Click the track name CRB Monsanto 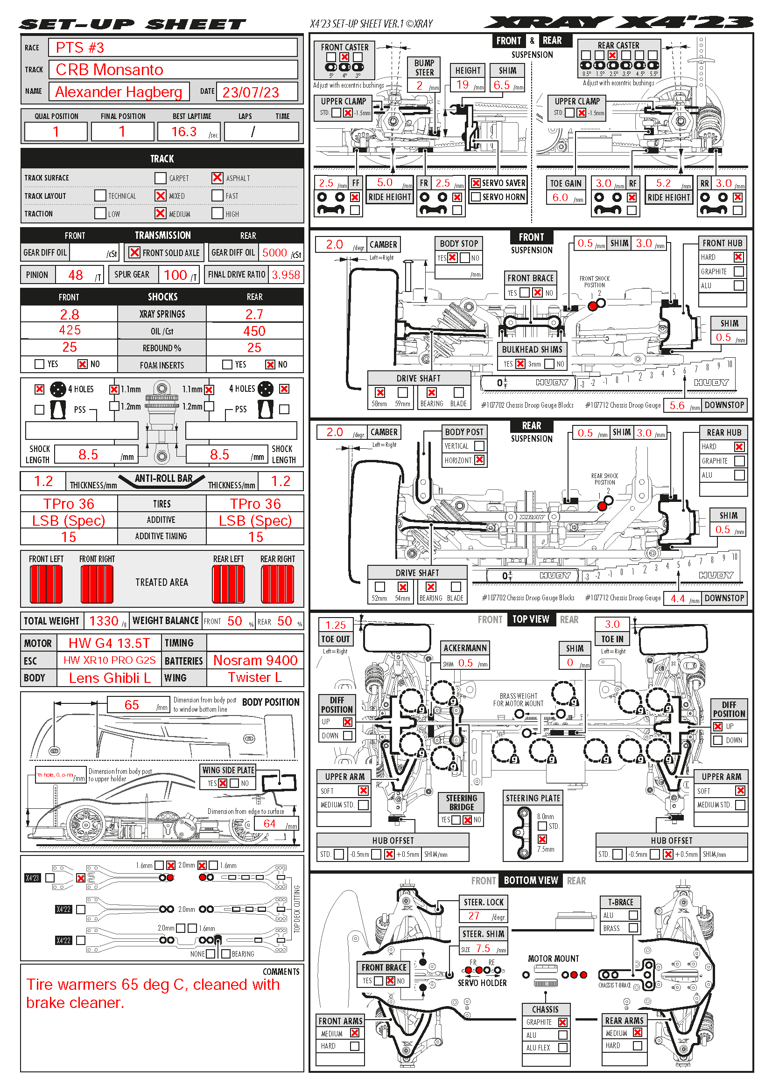(109, 70)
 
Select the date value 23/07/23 (251, 92)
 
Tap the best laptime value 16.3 (184, 132)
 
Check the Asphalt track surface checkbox (217, 178)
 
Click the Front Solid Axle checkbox (135, 252)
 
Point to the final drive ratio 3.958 (286, 275)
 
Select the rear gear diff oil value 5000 (274, 253)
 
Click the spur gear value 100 (175, 275)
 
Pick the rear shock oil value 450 (254, 331)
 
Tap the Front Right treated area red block (97, 584)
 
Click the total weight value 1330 (104, 620)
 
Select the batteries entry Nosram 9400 (255, 660)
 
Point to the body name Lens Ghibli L (110, 678)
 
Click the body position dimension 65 (132, 705)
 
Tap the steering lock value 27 (474, 916)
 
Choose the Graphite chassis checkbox (563, 1022)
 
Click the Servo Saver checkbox (476, 183)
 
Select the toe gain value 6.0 (560, 197)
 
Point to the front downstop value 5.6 (677, 405)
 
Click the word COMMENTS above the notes (281, 972)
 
